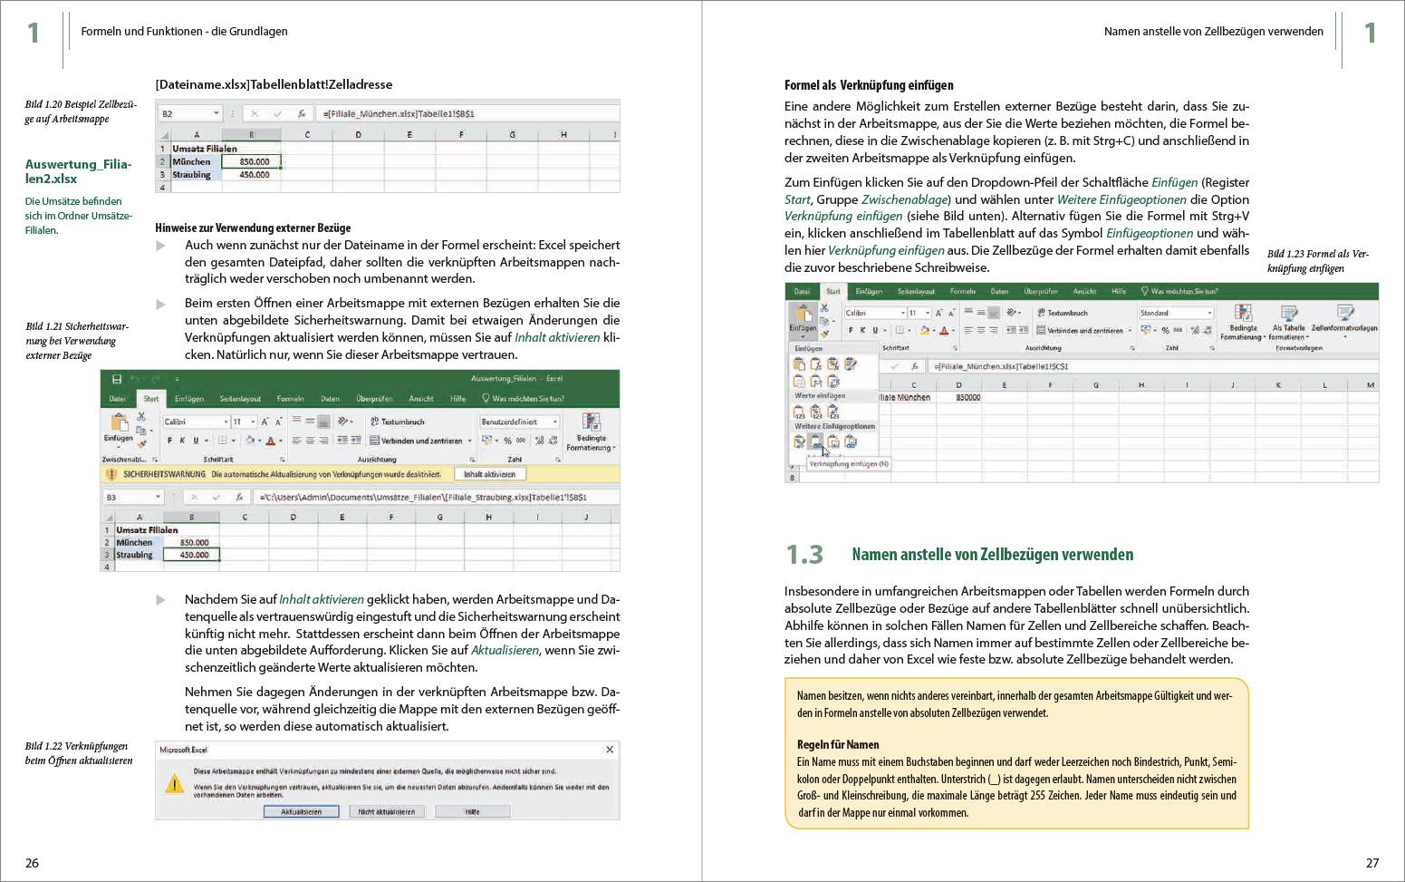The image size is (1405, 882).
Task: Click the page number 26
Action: coord(32,863)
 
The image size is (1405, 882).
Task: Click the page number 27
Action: coord(1371,863)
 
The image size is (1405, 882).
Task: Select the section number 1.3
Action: coord(804,555)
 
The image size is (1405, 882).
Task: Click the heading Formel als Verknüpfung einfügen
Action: coord(868,85)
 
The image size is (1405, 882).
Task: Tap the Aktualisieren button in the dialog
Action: coord(301,811)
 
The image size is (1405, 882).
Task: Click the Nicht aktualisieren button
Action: coord(386,811)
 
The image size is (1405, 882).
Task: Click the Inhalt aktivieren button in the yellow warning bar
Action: coord(489,474)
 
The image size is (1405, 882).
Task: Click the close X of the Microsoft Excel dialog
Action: coord(610,750)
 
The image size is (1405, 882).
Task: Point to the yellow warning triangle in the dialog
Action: coord(174,784)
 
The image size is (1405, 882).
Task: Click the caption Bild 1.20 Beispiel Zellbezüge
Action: coord(81,111)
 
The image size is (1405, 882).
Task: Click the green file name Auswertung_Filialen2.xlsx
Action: coord(78,171)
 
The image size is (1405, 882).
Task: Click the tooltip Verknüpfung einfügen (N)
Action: coord(848,464)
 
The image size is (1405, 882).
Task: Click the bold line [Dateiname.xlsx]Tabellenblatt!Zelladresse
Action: coord(274,84)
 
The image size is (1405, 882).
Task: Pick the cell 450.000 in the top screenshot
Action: coord(253,175)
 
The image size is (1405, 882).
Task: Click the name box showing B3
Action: coord(132,497)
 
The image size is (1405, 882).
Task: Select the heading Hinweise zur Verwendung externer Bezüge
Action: coord(253,228)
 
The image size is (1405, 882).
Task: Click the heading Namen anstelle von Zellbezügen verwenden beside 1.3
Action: coord(992,555)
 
